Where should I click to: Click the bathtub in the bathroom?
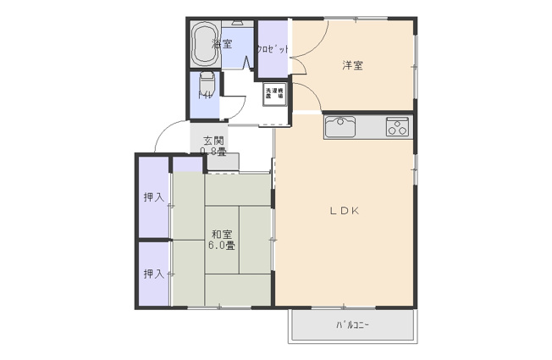(204, 44)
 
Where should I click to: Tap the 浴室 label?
(223, 44)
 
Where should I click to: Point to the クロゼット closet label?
(273, 49)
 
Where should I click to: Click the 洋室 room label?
(353, 65)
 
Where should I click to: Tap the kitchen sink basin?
(341, 126)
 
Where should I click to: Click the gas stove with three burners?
(396, 126)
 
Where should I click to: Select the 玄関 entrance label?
(213, 141)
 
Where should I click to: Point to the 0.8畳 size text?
(213, 152)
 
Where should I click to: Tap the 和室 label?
(223, 234)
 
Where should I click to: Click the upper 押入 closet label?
(153, 198)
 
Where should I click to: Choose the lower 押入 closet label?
(153, 274)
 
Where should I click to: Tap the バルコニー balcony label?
(352, 324)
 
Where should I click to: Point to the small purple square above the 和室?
(187, 164)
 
